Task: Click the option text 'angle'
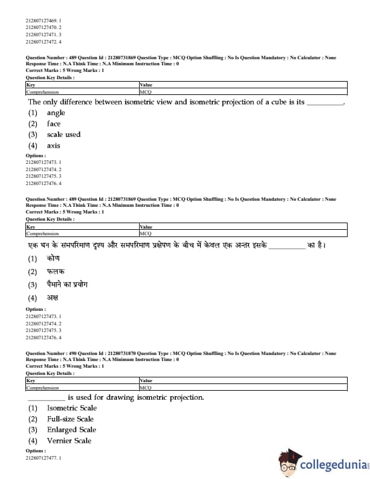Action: (56, 113)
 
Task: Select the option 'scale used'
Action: (63, 135)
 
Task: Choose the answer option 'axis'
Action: (54, 146)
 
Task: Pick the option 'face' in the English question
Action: (54, 124)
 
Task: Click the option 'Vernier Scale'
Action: (69, 441)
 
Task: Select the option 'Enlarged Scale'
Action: (71, 430)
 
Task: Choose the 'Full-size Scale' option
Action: (70, 419)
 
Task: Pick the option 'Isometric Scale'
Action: (71, 408)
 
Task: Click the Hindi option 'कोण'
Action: (53, 258)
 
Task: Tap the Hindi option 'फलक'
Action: (56, 272)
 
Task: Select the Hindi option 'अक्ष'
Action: (53, 298)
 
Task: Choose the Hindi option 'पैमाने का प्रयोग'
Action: (67, 285)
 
